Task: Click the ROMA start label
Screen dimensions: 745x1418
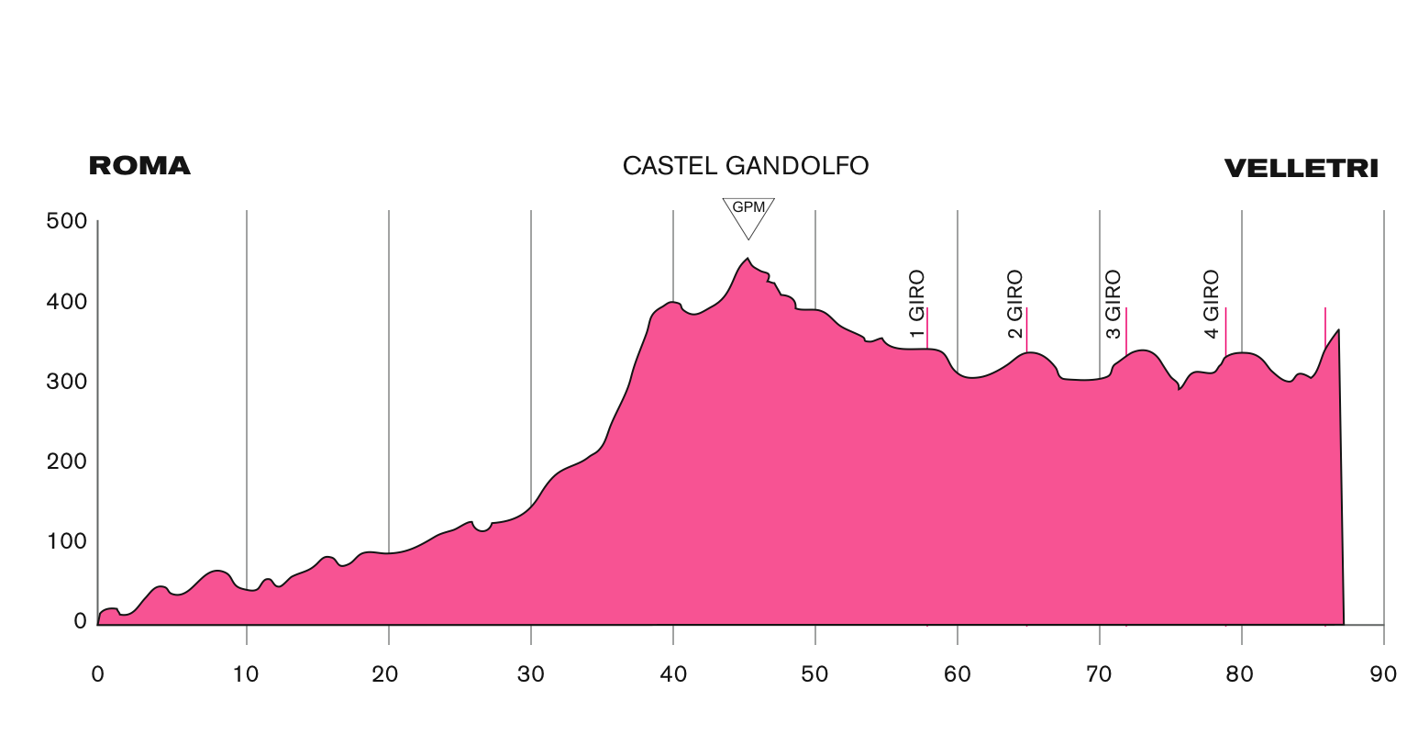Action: point(139,166)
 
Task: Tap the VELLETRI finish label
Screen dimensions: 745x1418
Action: point(1301,169)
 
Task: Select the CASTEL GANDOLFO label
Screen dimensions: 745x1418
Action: point(745,166)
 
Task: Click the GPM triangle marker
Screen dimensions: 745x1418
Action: point(748,213)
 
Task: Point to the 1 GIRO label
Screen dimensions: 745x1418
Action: point(917,304)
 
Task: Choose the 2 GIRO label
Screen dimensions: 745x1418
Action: point(1015,304)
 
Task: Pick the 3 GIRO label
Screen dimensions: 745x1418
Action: point(1113,304)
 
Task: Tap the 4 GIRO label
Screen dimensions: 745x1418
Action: point(1212,304)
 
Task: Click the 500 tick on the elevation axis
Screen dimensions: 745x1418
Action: point(66,221)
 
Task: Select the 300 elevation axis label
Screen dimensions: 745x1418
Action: point(66,381)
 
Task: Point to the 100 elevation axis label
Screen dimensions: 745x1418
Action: point(66,541)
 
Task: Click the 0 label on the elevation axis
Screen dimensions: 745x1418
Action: point(80,621)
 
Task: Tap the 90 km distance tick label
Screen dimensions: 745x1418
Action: point(1383,675)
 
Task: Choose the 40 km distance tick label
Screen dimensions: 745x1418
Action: point(673,675)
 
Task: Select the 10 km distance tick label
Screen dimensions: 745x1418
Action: point(247,675)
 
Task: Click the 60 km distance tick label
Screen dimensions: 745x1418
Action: point(958,675)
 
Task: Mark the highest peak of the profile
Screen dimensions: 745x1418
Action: point(747,260)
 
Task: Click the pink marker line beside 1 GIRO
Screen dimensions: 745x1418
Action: point(927,328)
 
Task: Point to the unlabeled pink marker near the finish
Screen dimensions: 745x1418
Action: point(1325,326)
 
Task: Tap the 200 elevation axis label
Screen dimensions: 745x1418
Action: point(66,461)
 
